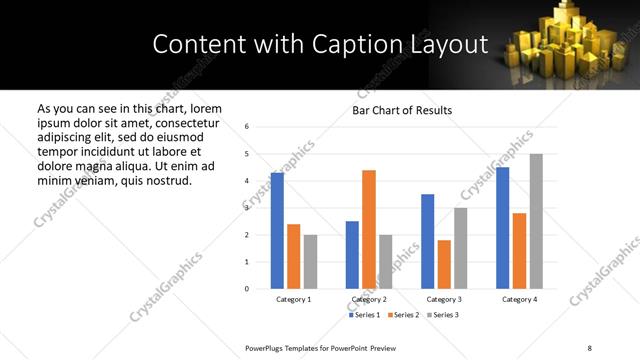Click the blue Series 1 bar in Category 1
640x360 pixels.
[x=277, y=231]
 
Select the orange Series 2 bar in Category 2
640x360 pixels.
[x=369, y=229]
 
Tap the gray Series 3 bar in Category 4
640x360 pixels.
[x=536, y=221]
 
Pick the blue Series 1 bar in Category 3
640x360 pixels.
[x=427, y=241]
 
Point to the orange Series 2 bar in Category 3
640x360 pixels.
[x=444, y=264]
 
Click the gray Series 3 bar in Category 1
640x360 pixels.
[x=310, y=262]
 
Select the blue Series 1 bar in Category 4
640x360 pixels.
[x=502, y=228]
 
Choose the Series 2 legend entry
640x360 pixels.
[x=405, y=315]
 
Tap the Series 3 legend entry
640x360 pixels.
[x=443, y=315]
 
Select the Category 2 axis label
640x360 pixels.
[x=369, y=300]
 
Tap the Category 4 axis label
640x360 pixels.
[x=519, y=300]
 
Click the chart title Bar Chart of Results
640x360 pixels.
[x=402, y=110]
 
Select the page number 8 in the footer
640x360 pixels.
[x=589, y=348]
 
